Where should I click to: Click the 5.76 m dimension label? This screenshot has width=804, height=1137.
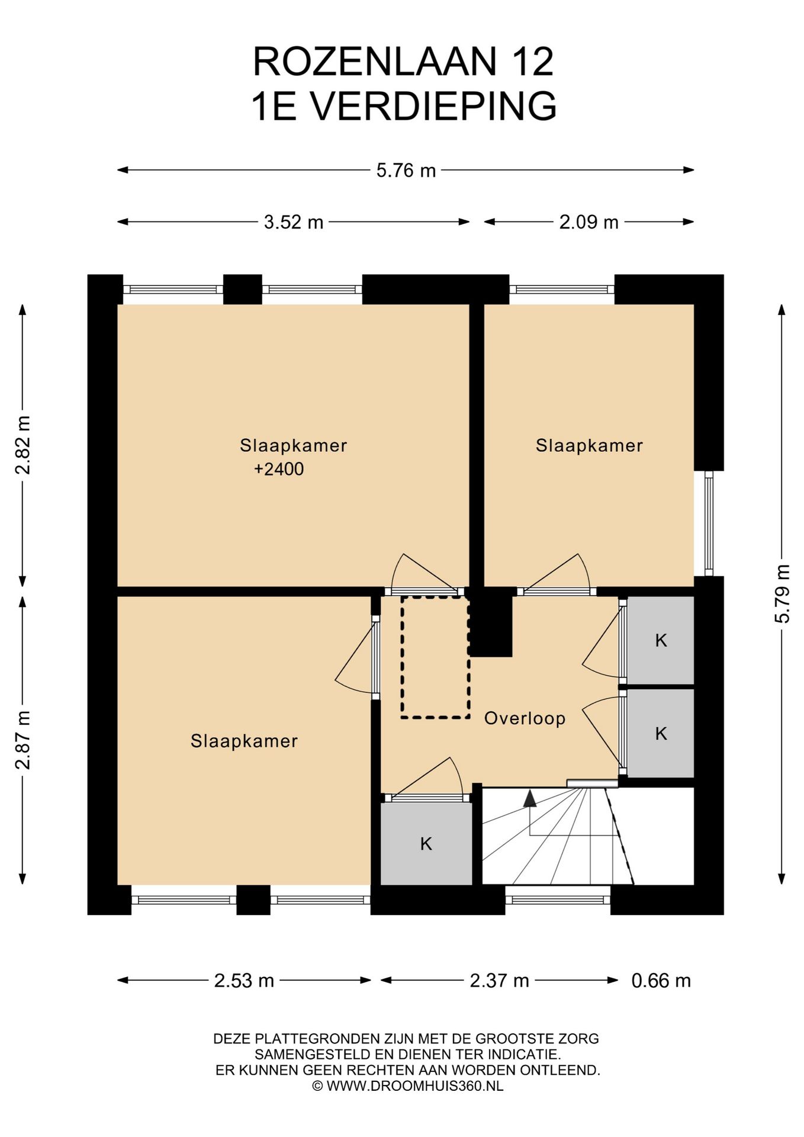(406, 171)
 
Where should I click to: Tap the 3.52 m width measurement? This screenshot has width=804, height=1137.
(294, 222)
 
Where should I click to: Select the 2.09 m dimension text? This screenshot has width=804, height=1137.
(589, 222)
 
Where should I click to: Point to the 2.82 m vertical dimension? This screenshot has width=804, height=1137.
(22, 445)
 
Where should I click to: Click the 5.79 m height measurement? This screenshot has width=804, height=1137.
(782, 593)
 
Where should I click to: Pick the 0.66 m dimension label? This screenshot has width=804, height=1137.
(661, 981)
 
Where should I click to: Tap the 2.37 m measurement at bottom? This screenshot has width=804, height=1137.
(499, 981)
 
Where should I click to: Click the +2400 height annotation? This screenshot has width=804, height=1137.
(279, 469)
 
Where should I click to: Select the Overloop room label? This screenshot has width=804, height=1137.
(525, 718)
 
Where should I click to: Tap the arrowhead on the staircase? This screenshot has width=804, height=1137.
(530, 798)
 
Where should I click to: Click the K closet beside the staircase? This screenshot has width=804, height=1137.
(426, 843)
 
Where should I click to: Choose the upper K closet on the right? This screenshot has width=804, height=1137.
(661, 640)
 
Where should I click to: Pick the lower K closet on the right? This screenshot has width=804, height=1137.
(661, 733)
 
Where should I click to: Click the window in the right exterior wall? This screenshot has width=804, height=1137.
(709, 523)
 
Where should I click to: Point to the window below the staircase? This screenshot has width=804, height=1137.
(558, 900)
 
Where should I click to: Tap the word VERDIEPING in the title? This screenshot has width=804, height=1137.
(434, 106)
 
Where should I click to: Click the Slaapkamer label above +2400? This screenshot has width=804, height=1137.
(294, 445)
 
